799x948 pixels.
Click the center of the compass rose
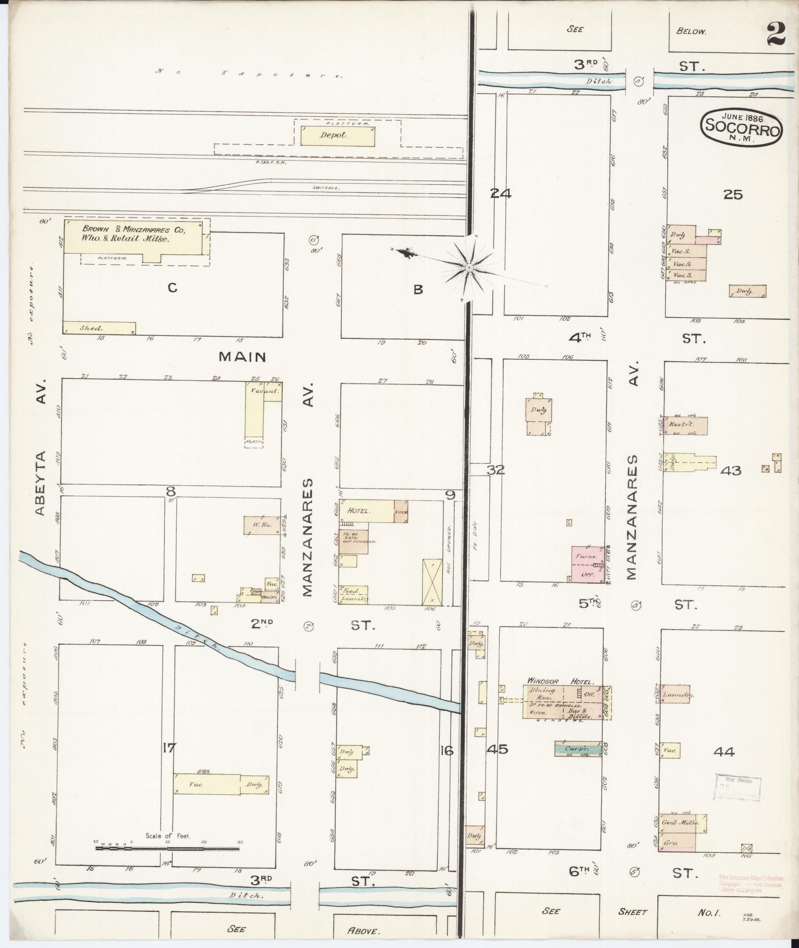[x=469, y=268]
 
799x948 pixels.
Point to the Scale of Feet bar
[x=167, y=848]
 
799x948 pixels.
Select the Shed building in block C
[x=99, y=328]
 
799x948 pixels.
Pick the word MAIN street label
[x=243, y=356]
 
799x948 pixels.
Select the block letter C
[x=172, y=287]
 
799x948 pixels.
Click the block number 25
[x=733, y=194]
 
